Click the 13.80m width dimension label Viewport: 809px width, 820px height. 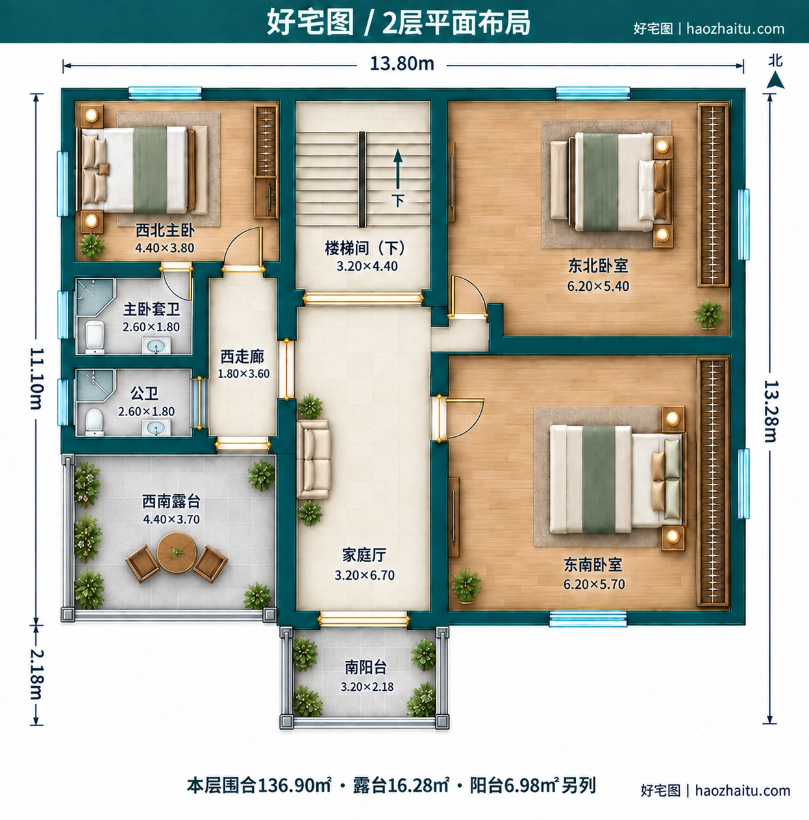402,64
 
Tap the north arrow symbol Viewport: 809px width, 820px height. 775,80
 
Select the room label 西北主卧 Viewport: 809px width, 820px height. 165,230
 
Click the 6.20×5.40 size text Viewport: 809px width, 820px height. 598,286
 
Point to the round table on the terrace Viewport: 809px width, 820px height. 177,553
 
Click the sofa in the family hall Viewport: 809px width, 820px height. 314,459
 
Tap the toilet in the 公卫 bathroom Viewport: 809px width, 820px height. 94,421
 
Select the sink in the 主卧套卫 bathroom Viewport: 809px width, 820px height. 156,345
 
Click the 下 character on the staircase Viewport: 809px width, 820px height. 397,201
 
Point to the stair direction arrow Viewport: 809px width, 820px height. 397,169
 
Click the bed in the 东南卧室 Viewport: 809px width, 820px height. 617,479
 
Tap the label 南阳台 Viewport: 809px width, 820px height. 366,667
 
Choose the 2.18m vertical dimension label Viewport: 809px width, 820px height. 36,675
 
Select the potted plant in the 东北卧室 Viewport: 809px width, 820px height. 708,314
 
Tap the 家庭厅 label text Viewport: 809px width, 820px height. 364,555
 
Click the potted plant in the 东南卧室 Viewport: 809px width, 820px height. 466,586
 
